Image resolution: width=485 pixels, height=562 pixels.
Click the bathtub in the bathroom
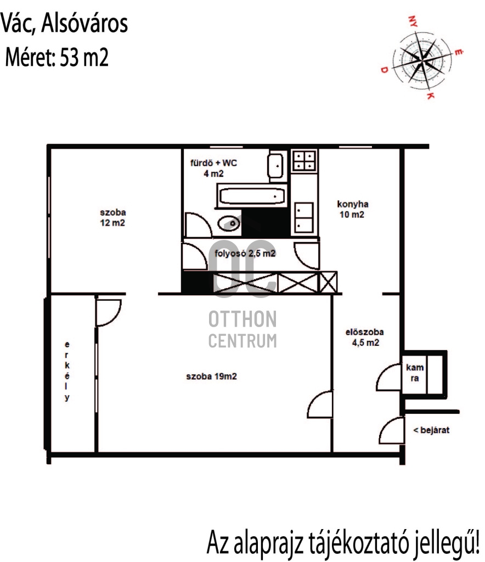(x=252, y=196)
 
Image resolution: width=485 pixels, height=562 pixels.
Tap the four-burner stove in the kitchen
(x=304, y=160)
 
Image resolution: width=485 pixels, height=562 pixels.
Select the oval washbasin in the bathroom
(x=229, y=224)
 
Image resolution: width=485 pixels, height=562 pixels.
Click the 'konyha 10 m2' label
(x=352, y=209)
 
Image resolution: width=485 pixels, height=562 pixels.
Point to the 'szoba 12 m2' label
(x=112, y=217)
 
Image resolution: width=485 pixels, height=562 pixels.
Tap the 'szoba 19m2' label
(x=211, y=376)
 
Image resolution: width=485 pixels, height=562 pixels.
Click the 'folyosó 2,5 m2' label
(x=245, y=254)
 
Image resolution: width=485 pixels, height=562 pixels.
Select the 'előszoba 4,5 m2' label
(x=365, y=338)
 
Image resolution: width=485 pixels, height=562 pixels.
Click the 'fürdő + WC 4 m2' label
(x=213, y=168)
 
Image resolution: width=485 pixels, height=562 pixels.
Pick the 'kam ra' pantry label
(x=415, y=373)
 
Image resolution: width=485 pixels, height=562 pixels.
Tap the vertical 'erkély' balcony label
(x=67, y=371)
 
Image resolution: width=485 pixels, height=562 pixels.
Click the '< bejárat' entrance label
(x=431, y=430)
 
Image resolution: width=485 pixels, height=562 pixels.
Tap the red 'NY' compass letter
(x=413, y=21)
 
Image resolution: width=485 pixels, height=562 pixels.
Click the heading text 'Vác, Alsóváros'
(x=64, y=24)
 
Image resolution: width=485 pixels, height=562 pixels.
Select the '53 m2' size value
(x=84, y=57)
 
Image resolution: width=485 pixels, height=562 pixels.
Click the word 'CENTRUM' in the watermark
(x=243, y=341)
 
